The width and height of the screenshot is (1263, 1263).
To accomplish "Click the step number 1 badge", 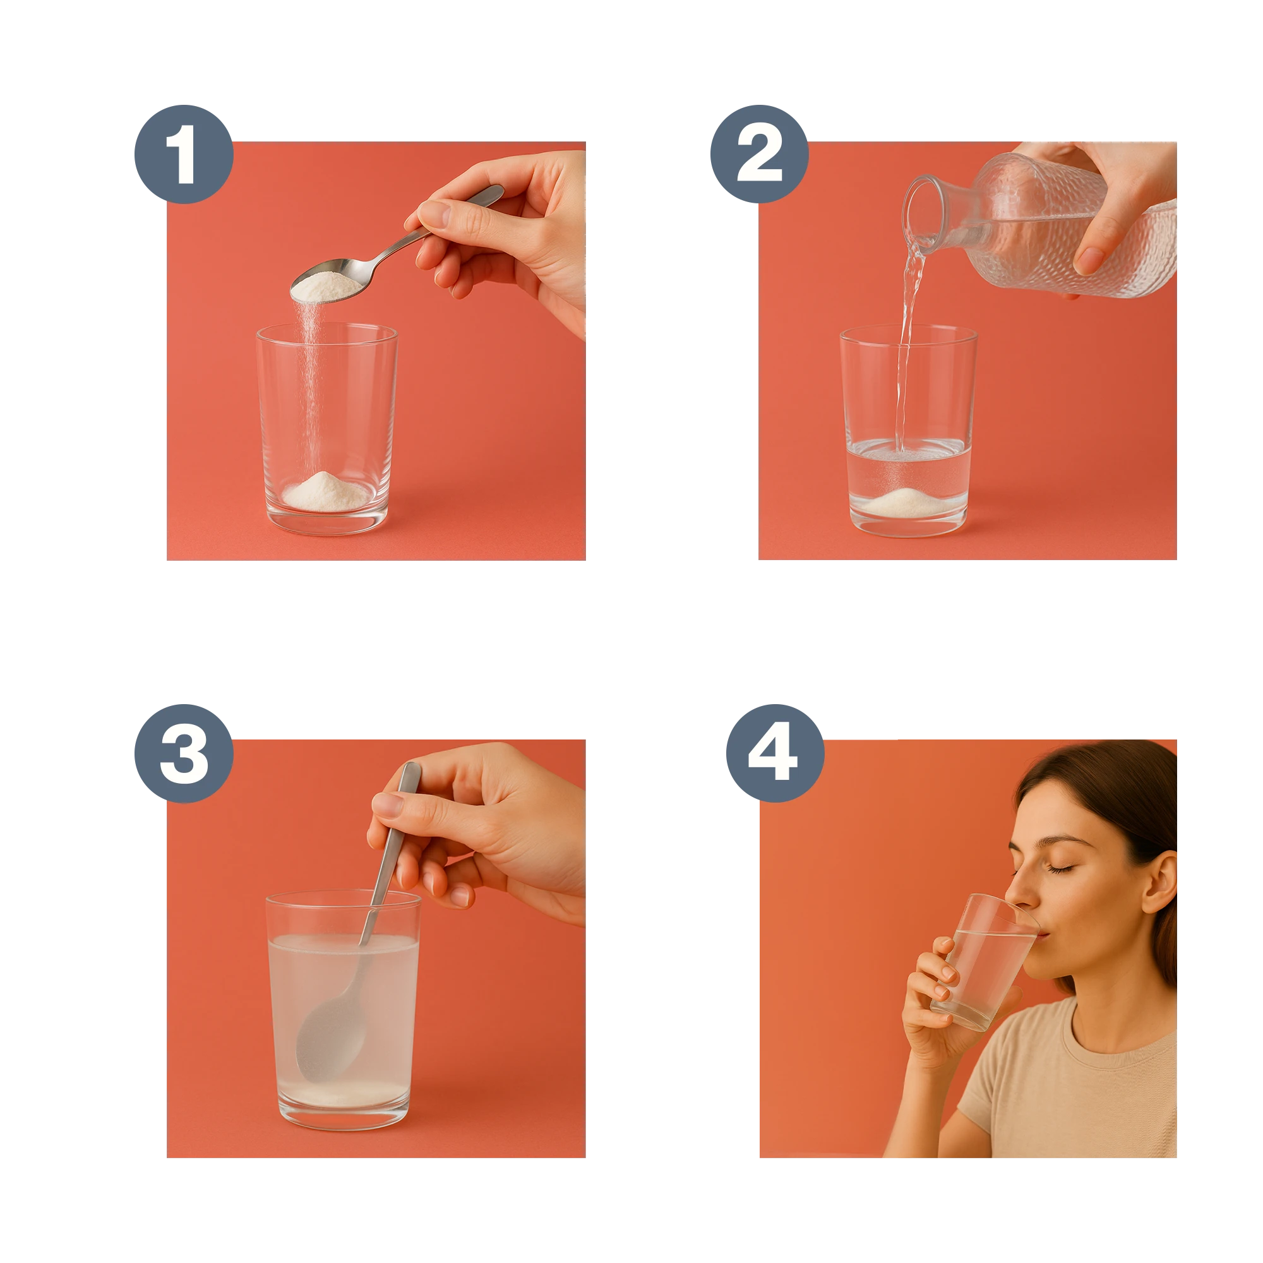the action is point(184,154).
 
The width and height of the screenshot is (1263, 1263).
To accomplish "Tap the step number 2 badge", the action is point(760,154).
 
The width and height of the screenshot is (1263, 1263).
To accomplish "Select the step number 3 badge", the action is point(184,753).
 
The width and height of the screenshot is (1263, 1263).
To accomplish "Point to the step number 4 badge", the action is point(775,753).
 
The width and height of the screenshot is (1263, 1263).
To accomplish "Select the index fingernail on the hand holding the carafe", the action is point(1088,261).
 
